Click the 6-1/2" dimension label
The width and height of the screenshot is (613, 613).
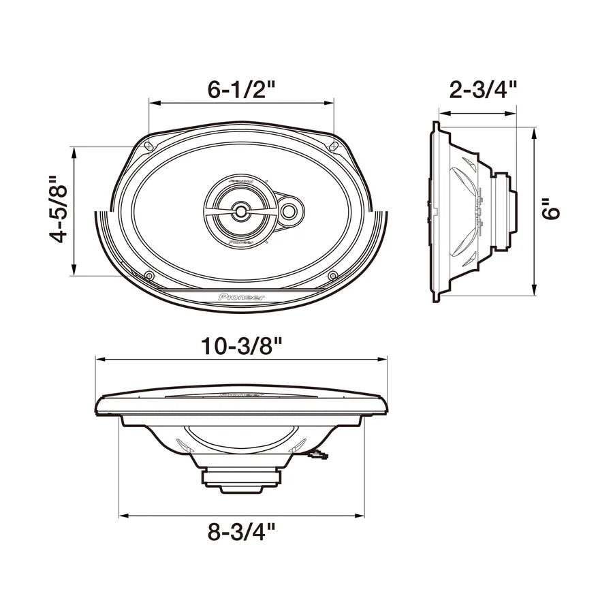(242, 89)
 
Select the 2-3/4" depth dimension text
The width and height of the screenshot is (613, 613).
(484, 89)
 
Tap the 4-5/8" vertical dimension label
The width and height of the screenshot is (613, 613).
(60, 210)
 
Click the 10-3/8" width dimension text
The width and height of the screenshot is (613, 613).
(242, 345)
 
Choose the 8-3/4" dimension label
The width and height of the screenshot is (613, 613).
(242, 532)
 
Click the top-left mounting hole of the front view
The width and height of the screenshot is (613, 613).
(149, 145)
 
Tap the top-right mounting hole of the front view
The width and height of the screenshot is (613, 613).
(334, 145)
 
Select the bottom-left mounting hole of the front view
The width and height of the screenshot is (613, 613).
(149, 275)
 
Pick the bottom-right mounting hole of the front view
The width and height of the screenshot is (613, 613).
(333, 275)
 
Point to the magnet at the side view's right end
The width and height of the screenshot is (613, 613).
(508, 210)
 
